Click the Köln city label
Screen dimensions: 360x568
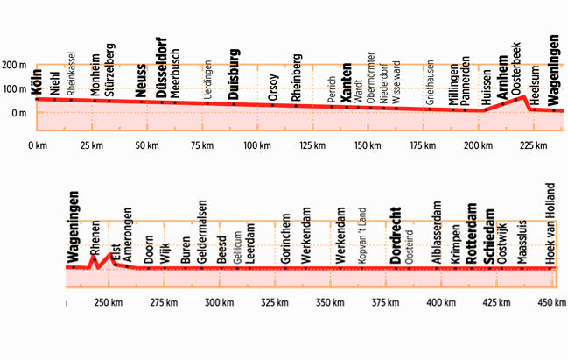37,81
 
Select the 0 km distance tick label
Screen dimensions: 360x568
38,145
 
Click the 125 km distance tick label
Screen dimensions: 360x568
312,145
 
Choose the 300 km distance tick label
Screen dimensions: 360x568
217,303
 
